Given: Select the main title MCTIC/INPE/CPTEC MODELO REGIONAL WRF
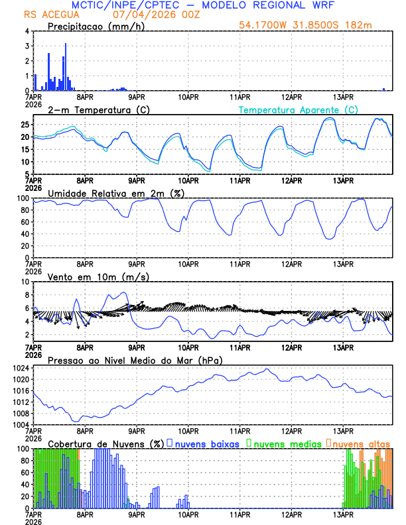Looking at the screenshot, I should click(x=207, y=5).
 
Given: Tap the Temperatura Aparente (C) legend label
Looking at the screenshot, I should click(x=298, y=109).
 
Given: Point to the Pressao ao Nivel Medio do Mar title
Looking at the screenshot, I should click(x=135, y=360).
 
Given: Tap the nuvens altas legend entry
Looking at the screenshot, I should click(x=360, y=443).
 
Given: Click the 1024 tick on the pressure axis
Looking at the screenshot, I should click(x=23, y=368).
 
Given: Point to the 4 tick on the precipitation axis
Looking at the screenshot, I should click(x=27, y=31).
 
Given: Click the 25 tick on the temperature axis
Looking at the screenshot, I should click(x=24, y=125).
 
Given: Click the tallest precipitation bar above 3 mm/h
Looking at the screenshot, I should click(x=66, y=66).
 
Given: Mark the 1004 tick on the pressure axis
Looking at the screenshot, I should click(x=23, y=424).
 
